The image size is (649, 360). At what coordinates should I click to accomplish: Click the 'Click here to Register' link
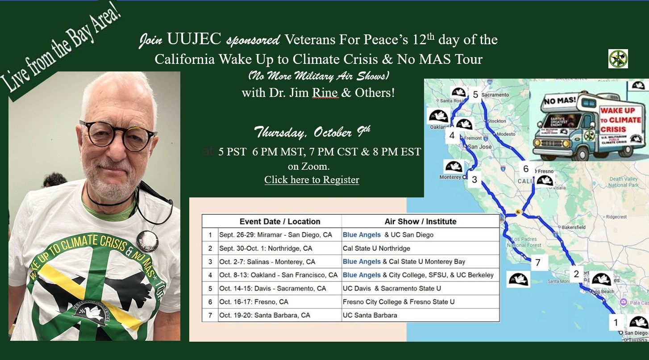coord(312,180)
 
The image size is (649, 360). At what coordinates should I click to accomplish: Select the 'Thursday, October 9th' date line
coord(312,132)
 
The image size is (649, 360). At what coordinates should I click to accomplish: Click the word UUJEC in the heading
coord(194,40)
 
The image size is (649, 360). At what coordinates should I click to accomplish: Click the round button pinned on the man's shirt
coord(147,241)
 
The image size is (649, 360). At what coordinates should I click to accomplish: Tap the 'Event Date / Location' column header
coord(280,222)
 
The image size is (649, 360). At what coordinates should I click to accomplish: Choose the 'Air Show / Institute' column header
coord(420,222)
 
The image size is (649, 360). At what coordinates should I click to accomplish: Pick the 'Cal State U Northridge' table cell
coord(376,248)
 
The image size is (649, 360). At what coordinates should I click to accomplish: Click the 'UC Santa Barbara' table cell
coord(370,315)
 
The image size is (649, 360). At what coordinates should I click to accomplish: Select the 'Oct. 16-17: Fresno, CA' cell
coord(254,302)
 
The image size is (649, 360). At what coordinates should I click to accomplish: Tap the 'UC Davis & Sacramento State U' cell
coord(391,289)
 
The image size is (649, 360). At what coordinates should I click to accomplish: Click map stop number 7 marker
coord(537,263)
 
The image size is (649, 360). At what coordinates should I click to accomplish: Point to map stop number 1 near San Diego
coord(616,322)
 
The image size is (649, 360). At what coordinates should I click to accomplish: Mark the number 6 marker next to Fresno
coord(526,169)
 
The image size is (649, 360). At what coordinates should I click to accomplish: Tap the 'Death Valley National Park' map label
coord(624,182)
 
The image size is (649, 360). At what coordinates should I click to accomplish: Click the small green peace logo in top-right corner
coord(618,59)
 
